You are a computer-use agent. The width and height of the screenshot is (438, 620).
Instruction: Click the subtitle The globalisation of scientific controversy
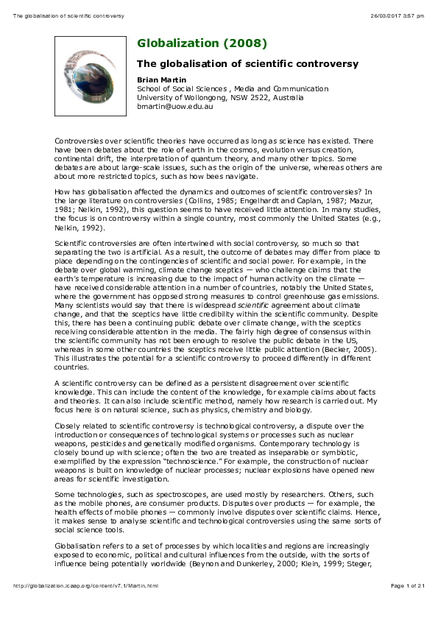[x=248, y=64]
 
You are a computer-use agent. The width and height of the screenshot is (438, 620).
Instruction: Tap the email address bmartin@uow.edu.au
[x=174, y=106]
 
